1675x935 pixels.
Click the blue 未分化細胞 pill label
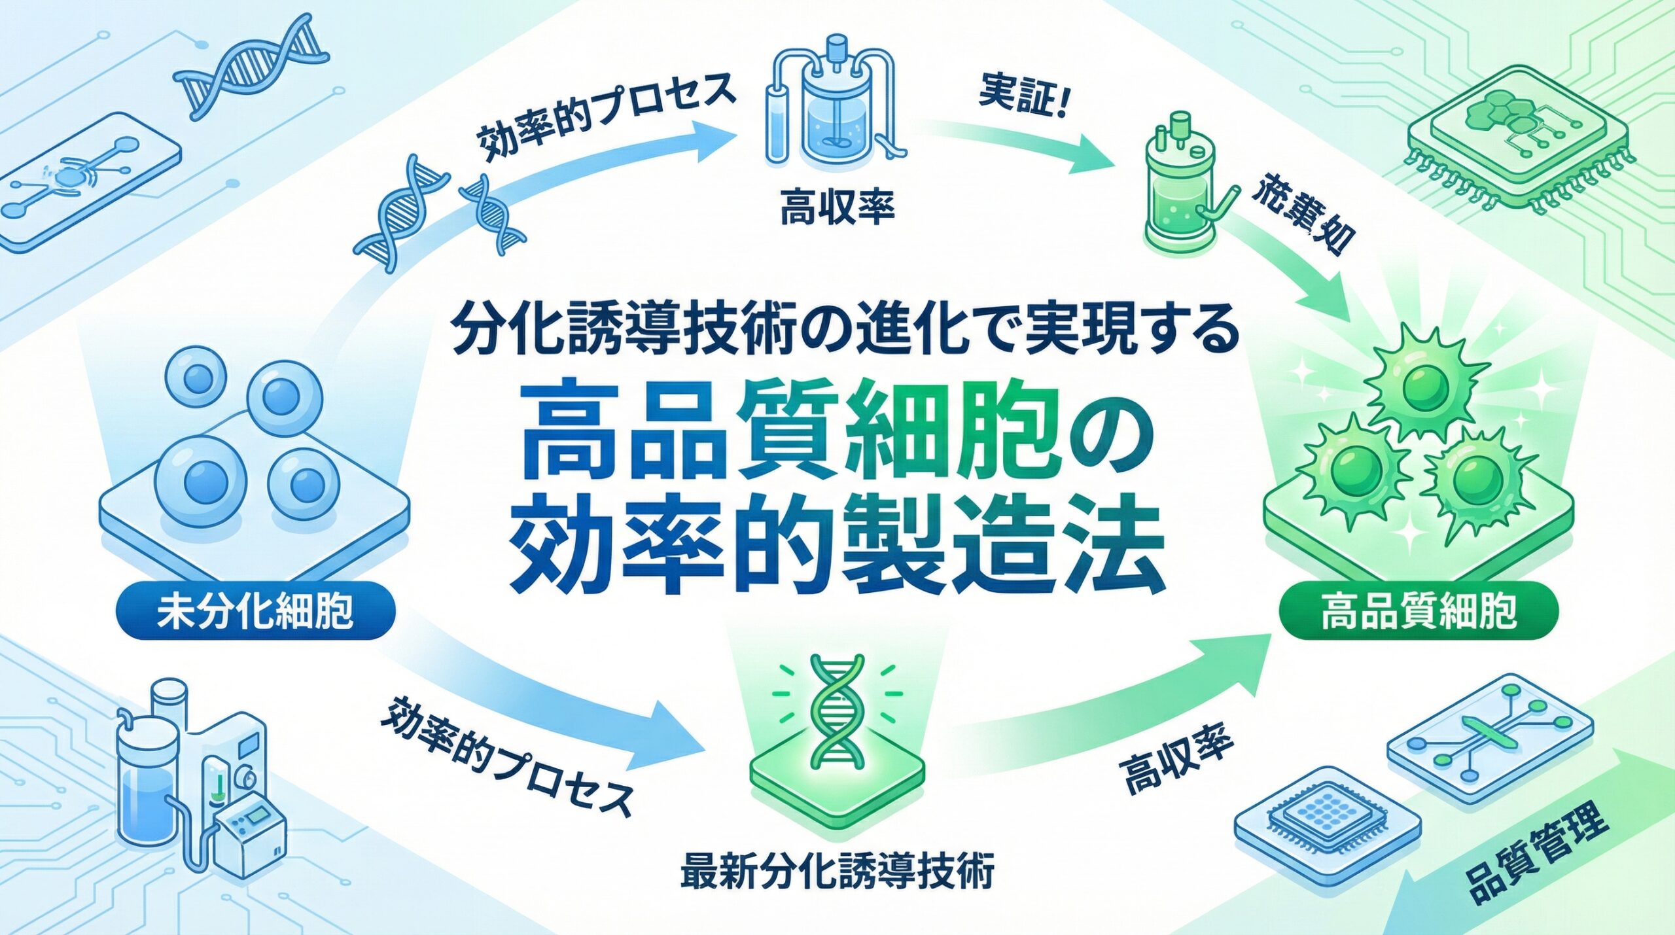point(255,610)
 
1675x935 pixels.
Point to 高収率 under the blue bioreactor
point(837,208)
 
